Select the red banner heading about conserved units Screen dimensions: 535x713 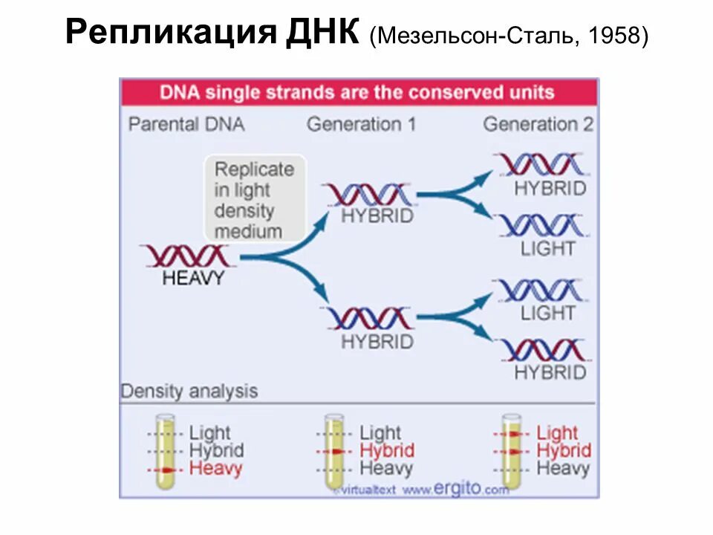[357, 93]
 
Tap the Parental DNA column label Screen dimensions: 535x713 [186, 123]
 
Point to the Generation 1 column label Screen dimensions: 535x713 [361, 123]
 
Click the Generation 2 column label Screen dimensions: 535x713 [538, 123]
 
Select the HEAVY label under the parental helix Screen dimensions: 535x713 [192, 279]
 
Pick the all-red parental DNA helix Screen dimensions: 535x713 [189, 256]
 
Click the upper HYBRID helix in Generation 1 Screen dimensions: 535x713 [368, 195]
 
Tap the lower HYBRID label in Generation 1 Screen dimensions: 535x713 [377, 342]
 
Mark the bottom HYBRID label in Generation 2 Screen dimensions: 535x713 [550, 372]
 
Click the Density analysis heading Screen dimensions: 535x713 [189, 391]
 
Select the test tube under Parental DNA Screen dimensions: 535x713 [166, 451]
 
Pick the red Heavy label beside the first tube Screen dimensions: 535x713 [215, 469]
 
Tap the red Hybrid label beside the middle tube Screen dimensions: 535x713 [386, 450]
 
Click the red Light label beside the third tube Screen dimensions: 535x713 [556, 432]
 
